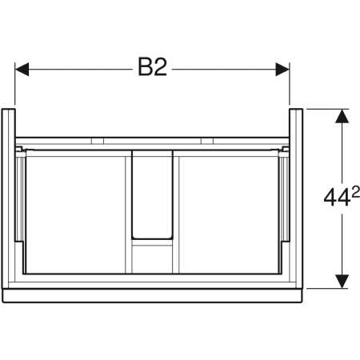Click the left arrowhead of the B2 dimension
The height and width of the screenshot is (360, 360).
click(x=22, y=70)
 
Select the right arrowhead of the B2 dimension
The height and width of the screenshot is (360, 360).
click(x=282, y=70)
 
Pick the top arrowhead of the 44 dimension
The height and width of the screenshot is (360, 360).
click(x=342, y=115)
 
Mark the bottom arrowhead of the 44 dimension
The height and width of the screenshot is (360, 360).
click(x=342, y=281)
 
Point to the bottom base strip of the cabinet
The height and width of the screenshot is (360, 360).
click(x=152, y=294)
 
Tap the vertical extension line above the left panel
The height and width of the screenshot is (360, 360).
click(x=15, y=84)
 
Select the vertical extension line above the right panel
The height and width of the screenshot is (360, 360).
click(x=289, y=84)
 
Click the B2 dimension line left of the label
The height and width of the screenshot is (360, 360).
click(x=80, y=70)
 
